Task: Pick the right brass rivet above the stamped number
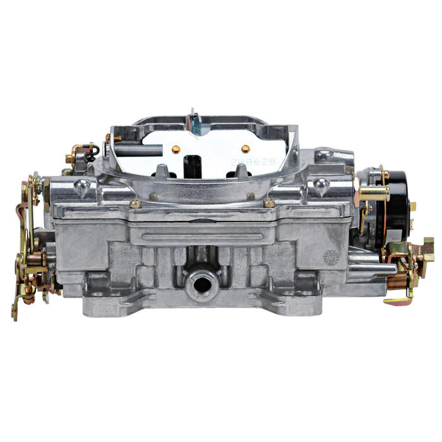pyautogui.click(x=246, y=148)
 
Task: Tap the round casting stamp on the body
pyautogui.click(x=330, y=258)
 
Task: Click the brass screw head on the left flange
pyautogui.click(x=134, y=203)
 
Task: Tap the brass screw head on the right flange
pyautogui.click(x=270, y=203)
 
